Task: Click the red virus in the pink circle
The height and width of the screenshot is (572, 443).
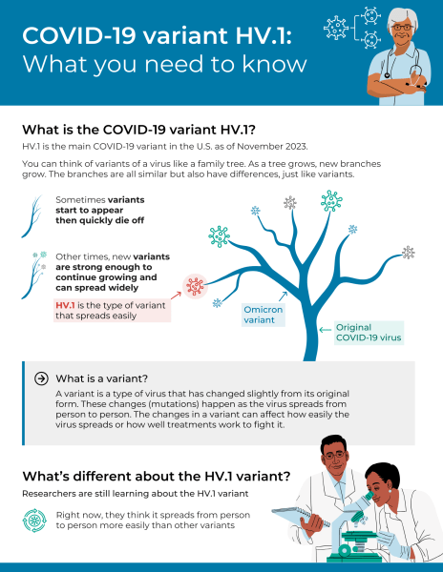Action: coord(196,286)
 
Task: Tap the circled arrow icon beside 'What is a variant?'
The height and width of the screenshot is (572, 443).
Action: coord(41,377)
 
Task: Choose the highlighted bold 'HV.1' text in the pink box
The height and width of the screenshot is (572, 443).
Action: coord(66,305)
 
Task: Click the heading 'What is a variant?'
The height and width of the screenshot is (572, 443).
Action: coord(101,377)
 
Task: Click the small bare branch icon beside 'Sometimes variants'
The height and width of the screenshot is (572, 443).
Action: coord(35,205)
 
